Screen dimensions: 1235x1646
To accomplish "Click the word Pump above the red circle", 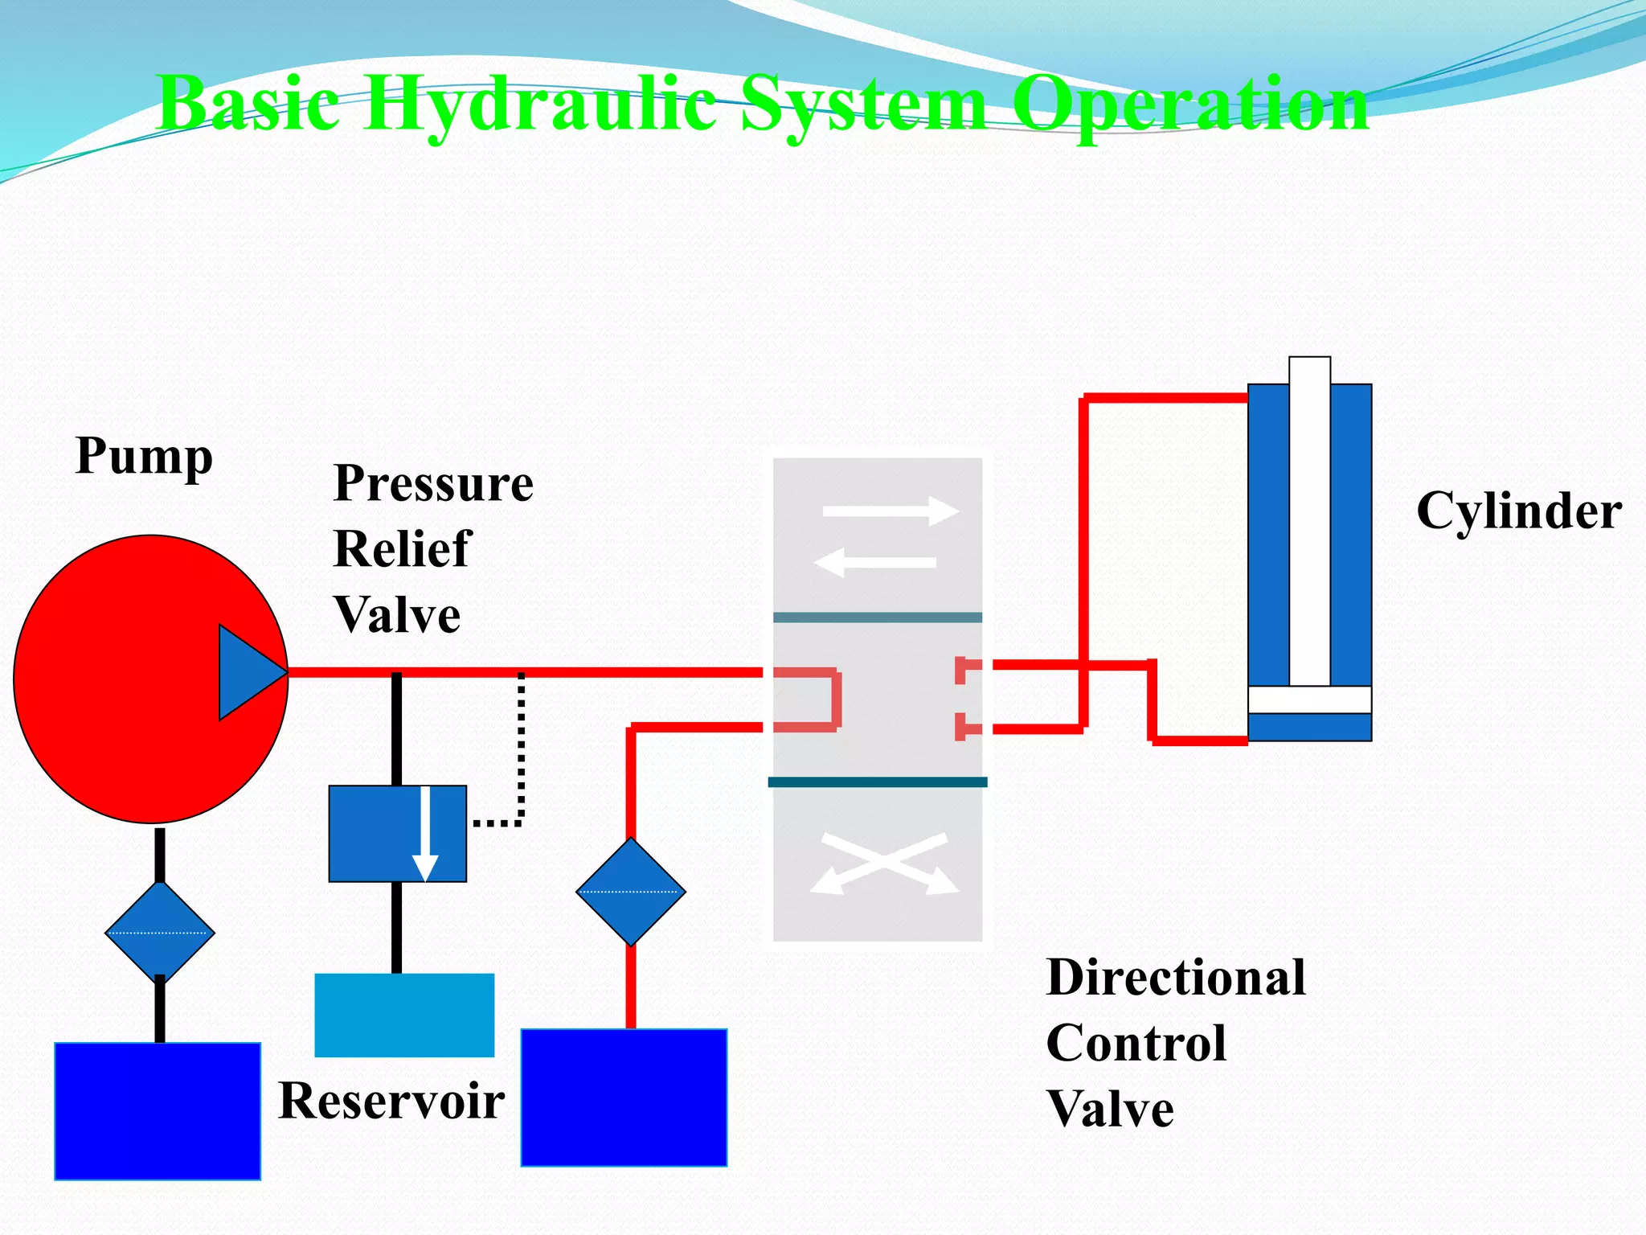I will pyautogui.click(x=144, y=457).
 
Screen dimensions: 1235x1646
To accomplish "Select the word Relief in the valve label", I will pyautogui.click(x=402, y=549).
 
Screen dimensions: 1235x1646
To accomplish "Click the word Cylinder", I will pyautogui.click(x=1518, y=511).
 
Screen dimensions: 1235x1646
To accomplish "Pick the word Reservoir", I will pyautogui.click(x=391, y=1101).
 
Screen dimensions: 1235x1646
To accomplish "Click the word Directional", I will pyautogui.click(x=1176, y=978).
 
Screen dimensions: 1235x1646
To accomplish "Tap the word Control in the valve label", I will pyautogui.click(x=1136, y=1044).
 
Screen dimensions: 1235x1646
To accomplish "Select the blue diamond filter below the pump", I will pyautogui.click(x=160, y=933).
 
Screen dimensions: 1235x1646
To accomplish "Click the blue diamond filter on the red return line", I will pyautogui.click(x=631, y=892).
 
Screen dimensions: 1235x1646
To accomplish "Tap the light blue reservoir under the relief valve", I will pyautogui.click(x=404, y=1015).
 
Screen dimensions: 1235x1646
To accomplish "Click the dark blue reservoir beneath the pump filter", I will pyautogui.click(x=158, y=1111).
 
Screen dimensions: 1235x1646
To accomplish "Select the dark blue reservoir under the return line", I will pyautogui.click(x=624, y=1098).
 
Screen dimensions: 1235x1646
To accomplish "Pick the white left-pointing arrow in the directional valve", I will pyautogui.click(x=876, y=562).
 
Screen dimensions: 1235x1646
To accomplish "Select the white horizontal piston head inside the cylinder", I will pyautogui.click(x=1309, y=700).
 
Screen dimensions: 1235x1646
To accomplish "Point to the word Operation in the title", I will pyautogui.click(x=1190, y=105).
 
